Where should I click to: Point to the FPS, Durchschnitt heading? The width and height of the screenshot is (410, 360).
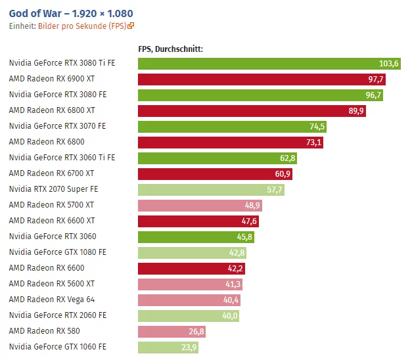click(x=170, y=49)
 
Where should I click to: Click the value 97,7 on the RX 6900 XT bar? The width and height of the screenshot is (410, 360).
click(x=376, y=79)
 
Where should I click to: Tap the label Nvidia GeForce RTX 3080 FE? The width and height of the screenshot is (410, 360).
click(x=58, y=95)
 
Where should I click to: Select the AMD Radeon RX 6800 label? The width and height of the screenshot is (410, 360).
click(x=47, y=142)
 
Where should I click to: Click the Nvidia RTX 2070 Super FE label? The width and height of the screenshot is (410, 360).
click(x=53, y=189)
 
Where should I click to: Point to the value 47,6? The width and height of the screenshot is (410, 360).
click(x=250, y=221)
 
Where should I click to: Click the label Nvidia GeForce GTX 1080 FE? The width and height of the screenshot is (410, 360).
click(x=58, y=252)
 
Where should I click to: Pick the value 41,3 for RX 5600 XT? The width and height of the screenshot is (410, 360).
click(x=233, y=284)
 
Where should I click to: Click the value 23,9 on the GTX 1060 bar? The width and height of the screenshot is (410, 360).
click(x=189, y=347)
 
